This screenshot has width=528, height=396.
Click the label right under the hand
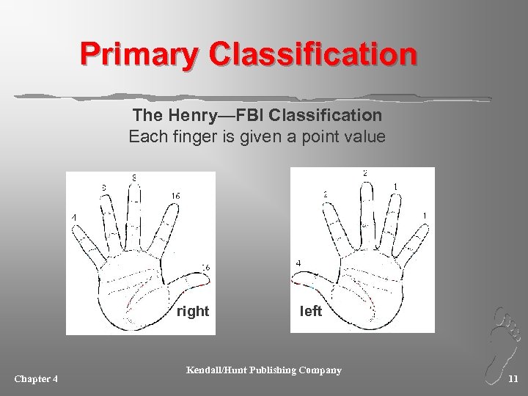coord(193,312)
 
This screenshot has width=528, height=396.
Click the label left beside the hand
coord(311,312)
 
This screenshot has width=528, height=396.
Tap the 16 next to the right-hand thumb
coord(206,268)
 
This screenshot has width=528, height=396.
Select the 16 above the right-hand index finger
coord(176,196)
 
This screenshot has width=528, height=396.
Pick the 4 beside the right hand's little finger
coord(73,218)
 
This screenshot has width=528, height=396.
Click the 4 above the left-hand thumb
coord(297,263)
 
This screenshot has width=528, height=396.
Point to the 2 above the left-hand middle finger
coord(364,173)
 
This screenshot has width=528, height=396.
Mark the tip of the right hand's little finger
coord(73,226)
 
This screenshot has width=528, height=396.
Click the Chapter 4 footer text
coord(37,378)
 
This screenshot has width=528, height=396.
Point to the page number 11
coord(513,378)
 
